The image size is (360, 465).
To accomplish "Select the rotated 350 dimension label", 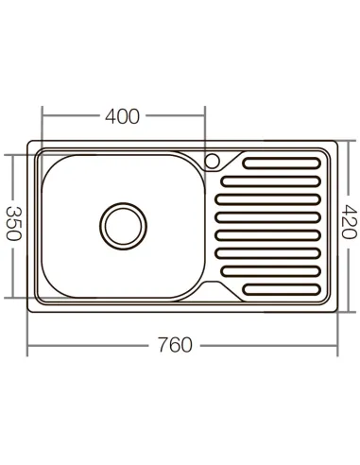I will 13,223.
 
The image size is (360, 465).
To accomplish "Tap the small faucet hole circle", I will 213,157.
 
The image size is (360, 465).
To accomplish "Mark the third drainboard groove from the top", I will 270,198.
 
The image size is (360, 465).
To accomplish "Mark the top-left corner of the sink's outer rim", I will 29,145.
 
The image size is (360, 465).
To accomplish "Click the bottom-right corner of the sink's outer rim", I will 335,307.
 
